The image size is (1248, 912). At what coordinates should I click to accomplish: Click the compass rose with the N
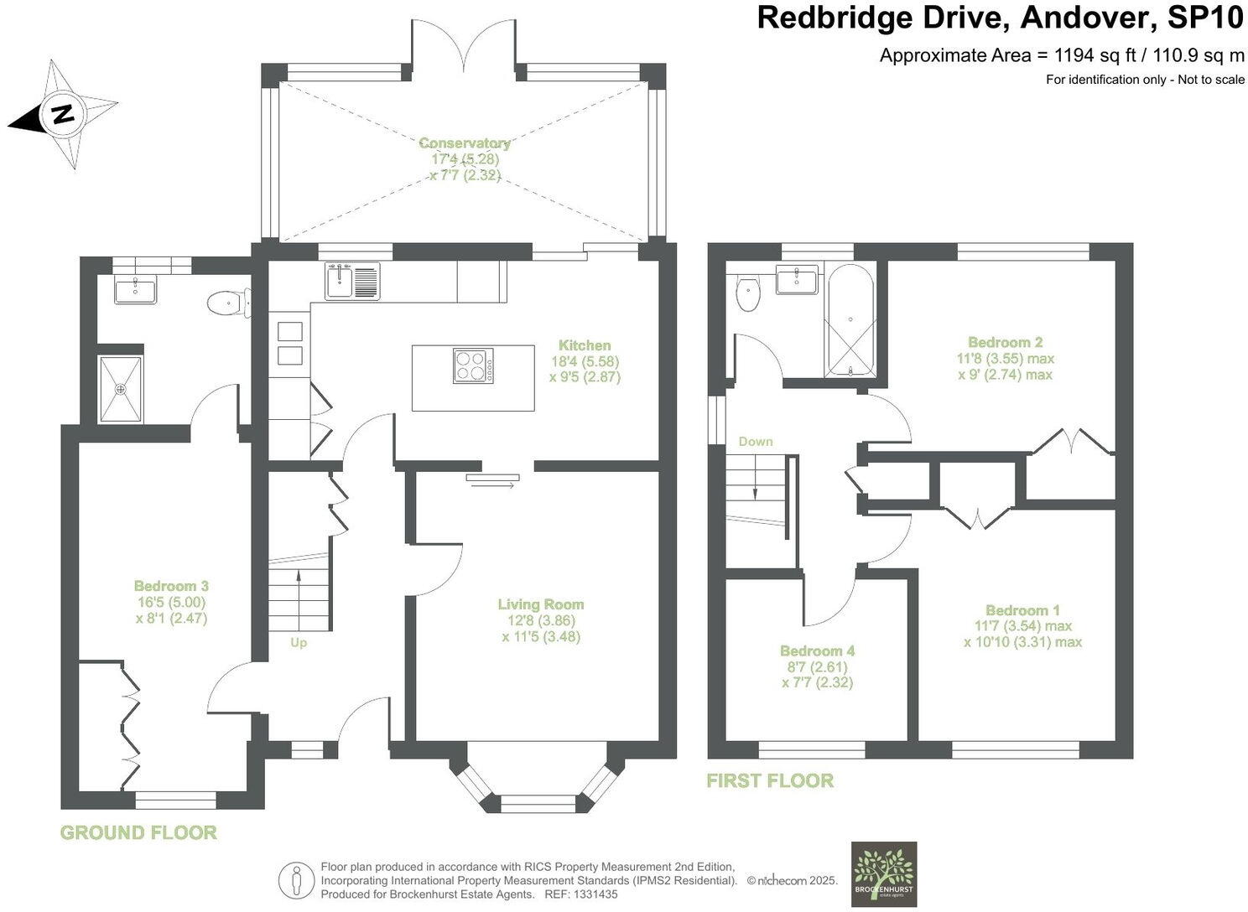pos(60,114)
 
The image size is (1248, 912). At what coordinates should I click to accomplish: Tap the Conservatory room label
pos(464,143)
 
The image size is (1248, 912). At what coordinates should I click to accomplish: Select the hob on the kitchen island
pos(473,365)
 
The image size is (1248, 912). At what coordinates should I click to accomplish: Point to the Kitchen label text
pos(585,345)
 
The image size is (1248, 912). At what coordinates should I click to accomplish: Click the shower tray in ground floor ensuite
pos(121,389)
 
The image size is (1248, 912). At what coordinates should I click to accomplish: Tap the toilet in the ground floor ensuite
pos(227,303)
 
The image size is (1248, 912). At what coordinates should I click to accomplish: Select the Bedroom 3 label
pos(171,587)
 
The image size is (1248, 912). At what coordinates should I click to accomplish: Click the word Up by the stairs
pos(299,643)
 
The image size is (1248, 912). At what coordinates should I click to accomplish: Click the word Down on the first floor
pos(756,442)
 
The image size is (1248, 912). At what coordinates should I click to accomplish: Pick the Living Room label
pos(541,604)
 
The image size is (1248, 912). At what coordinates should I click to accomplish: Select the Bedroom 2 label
pos(1005,342)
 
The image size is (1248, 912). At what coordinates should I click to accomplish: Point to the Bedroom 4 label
pos(817,651)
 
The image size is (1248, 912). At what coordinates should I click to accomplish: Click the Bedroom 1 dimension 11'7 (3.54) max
pos(1022,626)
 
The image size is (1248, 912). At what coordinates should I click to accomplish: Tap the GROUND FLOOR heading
pos(138,832)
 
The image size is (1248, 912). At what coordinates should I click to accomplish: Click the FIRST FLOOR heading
pos(770,780)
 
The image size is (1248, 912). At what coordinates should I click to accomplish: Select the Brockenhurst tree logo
pos(884,873)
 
